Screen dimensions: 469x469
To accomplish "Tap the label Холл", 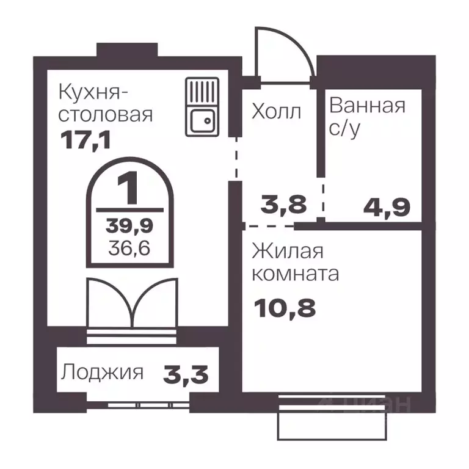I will pos(277,112).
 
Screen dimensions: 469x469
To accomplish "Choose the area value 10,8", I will pos(286,307).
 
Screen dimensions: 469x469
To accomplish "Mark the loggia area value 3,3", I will pos(186,373).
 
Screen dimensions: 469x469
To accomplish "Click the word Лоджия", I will pos(103,373).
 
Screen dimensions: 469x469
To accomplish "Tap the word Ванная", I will pos(367,105).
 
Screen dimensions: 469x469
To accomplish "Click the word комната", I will pos(296,274).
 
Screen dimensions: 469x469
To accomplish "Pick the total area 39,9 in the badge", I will pos(130,225).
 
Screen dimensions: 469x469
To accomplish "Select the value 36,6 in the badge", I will pos(130,247).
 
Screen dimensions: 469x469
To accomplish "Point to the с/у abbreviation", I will pos(343,129).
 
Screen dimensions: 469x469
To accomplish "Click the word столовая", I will pos(105,115).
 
